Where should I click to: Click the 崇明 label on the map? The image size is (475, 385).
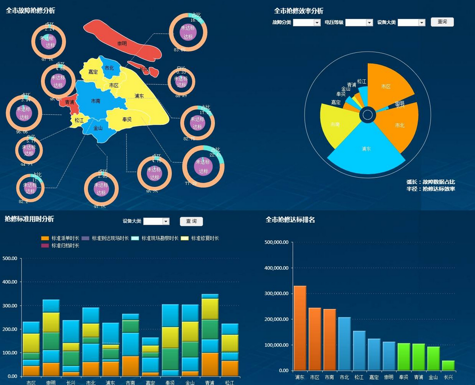(122, 44)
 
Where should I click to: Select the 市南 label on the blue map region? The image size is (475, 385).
(96, 101)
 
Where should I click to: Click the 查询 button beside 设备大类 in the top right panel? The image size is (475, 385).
(442, 22)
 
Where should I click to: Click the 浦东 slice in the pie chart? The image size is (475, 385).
(366, 148)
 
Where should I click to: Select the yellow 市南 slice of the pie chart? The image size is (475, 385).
(335, 124)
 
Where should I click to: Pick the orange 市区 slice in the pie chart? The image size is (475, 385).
(386, 86)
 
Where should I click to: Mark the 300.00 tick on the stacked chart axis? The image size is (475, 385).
(10, 306)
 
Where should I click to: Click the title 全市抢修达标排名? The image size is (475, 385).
(290, 220)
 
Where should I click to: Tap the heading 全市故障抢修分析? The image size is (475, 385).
(30, 10)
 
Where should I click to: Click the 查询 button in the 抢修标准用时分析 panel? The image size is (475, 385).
(191, 221)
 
